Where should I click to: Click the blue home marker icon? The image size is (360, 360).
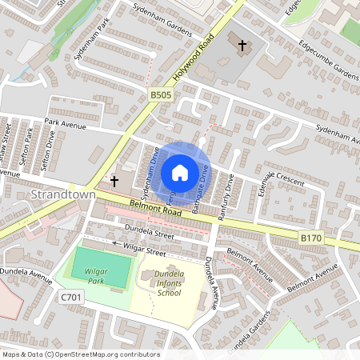[180, 173]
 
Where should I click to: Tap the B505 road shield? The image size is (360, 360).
[159, 95]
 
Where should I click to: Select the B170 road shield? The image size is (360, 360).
[310, 238]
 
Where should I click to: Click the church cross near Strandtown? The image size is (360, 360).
[114, 182]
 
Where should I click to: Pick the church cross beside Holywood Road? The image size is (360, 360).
[241, 46]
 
